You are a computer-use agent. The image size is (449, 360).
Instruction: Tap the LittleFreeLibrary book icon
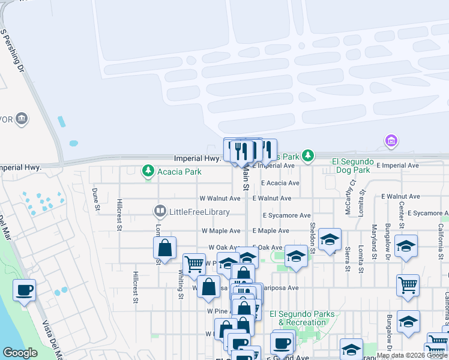coord(160,211)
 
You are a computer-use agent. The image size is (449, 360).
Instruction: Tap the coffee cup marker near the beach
coord(25,290)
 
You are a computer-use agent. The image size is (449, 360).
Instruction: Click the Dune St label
coord(96,199)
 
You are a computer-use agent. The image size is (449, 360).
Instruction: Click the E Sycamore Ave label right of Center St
coord(428,213)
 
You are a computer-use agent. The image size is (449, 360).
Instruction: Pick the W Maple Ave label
coord(220,230)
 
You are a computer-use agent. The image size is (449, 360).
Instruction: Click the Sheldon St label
coord(312,233)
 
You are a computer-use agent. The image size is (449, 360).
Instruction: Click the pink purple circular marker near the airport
coord(391,141)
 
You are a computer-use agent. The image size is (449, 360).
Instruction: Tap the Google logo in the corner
coord(20,353)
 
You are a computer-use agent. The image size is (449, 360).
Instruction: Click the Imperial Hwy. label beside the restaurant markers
coord(197,159)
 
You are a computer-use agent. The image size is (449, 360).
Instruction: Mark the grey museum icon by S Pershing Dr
coord(22,118)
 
